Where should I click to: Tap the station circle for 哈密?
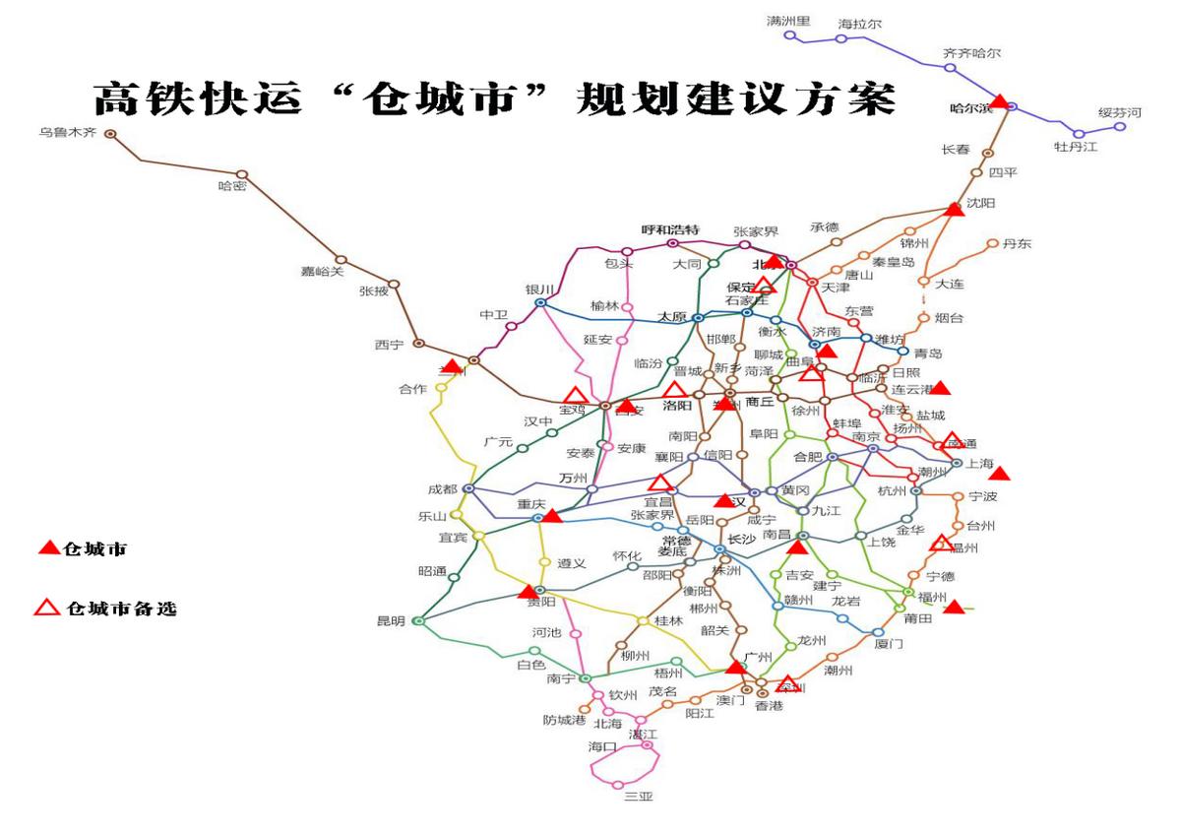241,175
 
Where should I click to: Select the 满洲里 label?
788,21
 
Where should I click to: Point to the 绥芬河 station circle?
1119,127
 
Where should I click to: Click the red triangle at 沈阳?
954,209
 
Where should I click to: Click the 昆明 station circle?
417,621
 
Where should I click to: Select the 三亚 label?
639,797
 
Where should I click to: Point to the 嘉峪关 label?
323,273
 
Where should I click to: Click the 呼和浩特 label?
670,229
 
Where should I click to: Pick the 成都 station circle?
468,488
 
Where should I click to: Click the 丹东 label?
1017,244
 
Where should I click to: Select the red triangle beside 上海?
999,474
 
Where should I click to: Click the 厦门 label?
889,644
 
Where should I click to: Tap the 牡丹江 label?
1076,148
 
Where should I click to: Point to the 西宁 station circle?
418,344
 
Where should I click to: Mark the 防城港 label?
565,720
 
